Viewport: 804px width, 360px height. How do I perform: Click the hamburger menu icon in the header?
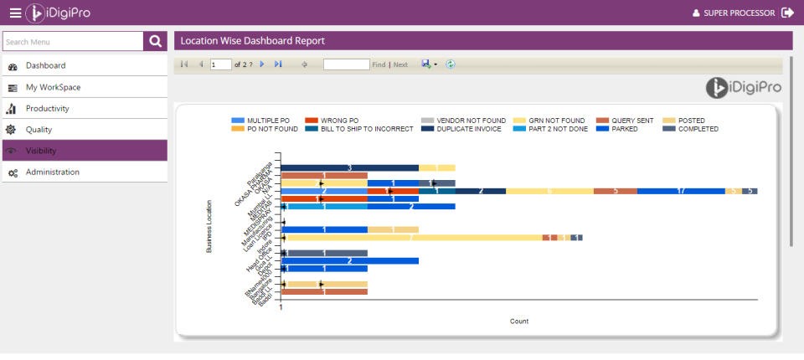[15, 13]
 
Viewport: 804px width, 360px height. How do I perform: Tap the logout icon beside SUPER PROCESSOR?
[787, 13]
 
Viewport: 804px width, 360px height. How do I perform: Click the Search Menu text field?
[73, 42]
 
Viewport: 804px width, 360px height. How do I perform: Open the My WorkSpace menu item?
[54, 87]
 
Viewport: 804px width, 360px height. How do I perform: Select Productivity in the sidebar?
[48, 108]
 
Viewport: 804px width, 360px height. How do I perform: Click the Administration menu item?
[53, 172]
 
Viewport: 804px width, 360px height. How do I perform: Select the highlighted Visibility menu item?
[41, 151]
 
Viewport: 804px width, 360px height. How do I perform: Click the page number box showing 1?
[220, 64]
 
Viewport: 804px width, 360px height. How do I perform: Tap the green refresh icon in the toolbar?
[451, 64]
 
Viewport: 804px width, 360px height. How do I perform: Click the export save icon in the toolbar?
[426, 64]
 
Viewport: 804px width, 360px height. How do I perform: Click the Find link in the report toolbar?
[379, 64]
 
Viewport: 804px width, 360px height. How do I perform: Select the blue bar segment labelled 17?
[680, 191]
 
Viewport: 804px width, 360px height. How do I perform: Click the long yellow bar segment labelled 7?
[411, 238]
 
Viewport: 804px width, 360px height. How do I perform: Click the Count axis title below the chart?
[519, 321]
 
